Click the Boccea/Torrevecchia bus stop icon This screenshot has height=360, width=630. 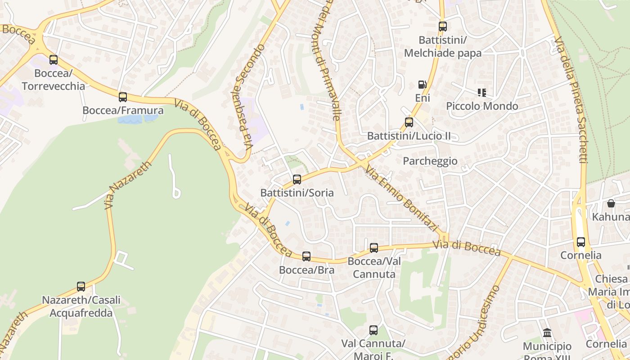click(x=54, y=59)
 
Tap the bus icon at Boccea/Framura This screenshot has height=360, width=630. click(x=122, y=97)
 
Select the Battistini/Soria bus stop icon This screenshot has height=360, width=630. click(x=297, y=180)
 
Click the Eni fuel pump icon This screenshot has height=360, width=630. click(x=422, y=85)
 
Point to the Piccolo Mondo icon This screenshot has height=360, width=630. click(x=482, y=93)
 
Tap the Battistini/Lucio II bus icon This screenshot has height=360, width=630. click(x=409, y=122)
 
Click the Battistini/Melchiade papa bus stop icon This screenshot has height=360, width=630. click(x=443, y=27)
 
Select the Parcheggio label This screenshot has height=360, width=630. click(x=430, y=161)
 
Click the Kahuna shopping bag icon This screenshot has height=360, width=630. click(x=611, y=203)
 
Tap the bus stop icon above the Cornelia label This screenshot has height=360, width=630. click(x=581, y=242)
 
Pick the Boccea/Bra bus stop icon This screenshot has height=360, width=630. click(x=306, y=256)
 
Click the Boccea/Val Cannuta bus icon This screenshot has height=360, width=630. click(x=373, y=248)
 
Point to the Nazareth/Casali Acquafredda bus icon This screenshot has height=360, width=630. click(x=81, y=287)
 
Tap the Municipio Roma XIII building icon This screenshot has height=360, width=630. click(x=547, y=333)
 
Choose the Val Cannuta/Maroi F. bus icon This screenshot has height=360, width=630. click(x=373, y=330)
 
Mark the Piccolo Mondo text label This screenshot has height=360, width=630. click(x=482, y=106)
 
